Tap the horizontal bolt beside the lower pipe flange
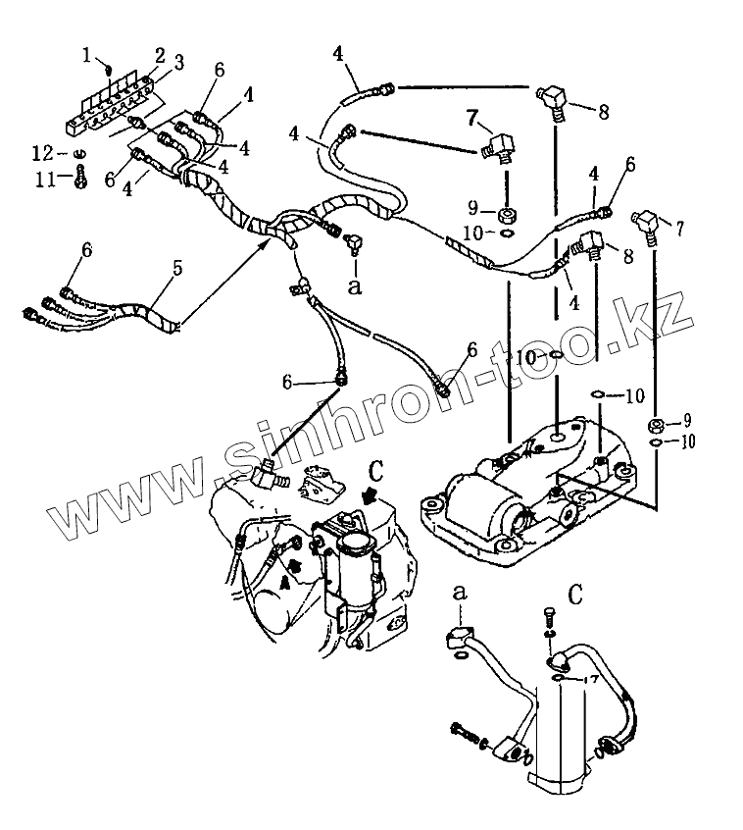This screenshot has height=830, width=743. (x=464, y=731)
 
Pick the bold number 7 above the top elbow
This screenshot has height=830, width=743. (x=471, y=120)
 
